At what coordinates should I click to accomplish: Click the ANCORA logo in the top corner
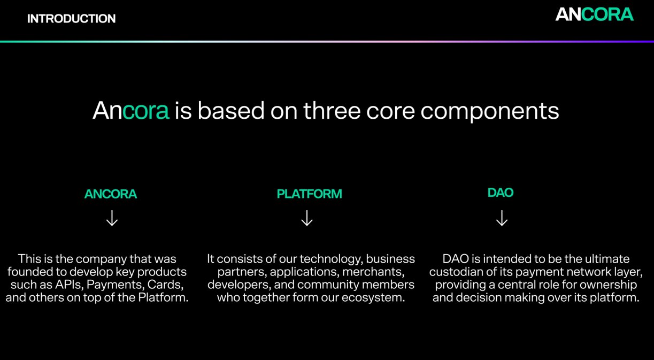click(x=594, y=14)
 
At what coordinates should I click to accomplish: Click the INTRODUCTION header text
click(x=71, y=19)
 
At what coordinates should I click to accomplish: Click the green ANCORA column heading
click(x=111, y=194)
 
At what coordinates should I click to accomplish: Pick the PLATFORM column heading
click(x=309, y=194)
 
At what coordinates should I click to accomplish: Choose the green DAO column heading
click(x=501, y=193)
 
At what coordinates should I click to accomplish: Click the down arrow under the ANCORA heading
click(x=112, y=218)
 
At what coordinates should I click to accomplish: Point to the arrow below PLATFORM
click(x=307, y=218)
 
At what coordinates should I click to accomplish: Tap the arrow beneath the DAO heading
click(x=502, y=218)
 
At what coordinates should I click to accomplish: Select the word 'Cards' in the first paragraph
click(x=166, y=285)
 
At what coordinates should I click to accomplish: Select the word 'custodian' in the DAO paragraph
click(x=459, y=272)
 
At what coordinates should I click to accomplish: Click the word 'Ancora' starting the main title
click(x=131, y=111)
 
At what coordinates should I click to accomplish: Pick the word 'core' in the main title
click(x=393, y=111)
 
